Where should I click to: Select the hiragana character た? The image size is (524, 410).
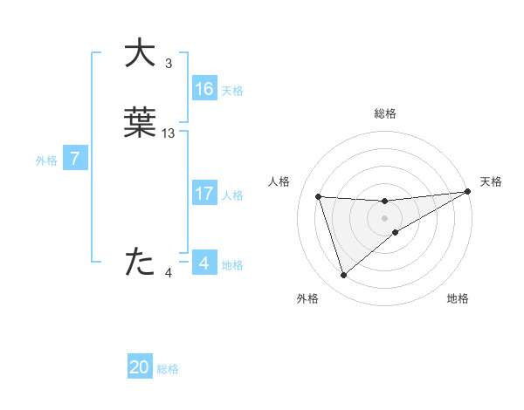(x=140, y=262)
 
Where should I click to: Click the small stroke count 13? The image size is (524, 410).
(x=169, y=133)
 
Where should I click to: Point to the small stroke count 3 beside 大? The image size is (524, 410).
(x=169, y=64)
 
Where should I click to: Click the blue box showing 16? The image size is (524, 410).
(x=204, y=89)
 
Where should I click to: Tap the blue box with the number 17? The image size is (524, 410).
(x=204, y=194)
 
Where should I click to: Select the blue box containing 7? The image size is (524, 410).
(x=75, y=159)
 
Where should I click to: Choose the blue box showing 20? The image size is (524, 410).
(x=140, y=367)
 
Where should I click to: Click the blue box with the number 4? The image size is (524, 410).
(x=203, y=263)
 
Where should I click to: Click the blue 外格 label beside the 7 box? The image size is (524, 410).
(x=45, y=160)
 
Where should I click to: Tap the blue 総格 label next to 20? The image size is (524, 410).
(x=168, y=369)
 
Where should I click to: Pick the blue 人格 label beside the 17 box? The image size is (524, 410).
(x=233, y=195)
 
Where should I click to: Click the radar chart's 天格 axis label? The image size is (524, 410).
(x=491, y=181)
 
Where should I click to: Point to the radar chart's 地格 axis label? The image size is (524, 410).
(x=458, y=299)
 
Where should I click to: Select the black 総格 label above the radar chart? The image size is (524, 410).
(x=385, y=113)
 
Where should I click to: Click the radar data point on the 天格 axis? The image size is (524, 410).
(x=468, y=192)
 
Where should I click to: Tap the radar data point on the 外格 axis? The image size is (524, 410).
(x=343, y=276)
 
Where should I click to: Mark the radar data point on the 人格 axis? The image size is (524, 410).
(x=319, y=196)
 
